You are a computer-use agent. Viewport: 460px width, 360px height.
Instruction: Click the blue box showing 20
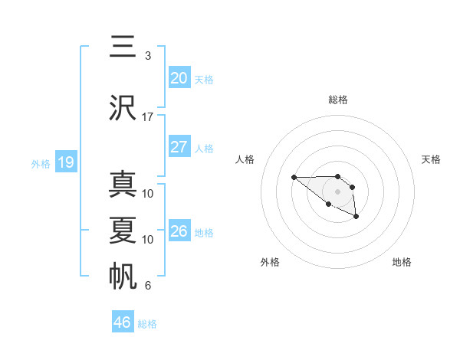(x=179, y=78)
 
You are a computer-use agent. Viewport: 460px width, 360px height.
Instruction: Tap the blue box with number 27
(x=179, y=147)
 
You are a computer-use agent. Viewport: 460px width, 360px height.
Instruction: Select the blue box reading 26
(x=179, y=231)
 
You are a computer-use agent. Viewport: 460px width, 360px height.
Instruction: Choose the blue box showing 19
(x=65, y=162)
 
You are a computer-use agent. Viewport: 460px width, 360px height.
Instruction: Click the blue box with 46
(x=123, y=322)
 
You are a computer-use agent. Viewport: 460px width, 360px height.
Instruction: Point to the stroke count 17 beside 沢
(x=148, y=117)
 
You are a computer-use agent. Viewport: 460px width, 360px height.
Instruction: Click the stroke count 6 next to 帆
(x=148, y=286)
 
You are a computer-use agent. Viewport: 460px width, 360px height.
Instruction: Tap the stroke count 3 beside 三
(x=148, y=56)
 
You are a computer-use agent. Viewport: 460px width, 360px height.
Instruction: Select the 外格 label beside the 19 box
(x=41, y=163)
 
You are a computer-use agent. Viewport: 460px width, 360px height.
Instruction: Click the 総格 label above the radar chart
(x=338, y=100)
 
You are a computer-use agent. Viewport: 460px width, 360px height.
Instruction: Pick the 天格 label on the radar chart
(x=432, y=159)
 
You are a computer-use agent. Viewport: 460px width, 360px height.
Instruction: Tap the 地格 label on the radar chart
(x=402, y=262)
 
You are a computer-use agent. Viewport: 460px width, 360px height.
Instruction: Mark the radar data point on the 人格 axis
(x=294, y=178)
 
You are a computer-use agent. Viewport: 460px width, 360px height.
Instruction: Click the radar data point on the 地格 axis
(x=356, y=218)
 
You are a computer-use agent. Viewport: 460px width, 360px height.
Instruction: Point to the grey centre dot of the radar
(x=338, y=191)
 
